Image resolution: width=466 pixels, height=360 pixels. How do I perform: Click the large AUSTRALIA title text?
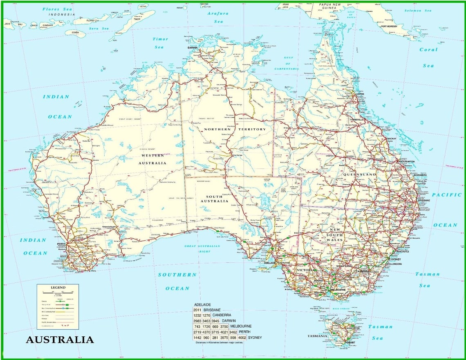pos(60,340)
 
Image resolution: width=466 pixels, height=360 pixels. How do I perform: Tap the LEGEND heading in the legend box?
pos(58,288)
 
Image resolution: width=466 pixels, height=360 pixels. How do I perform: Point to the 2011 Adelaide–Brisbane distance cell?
pos(197,310)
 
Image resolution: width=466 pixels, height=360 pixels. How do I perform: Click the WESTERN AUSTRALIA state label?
pos(153,159)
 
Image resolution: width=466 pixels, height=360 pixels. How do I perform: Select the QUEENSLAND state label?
pos(359,174)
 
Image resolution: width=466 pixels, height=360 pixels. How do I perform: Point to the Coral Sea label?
pos(428,57)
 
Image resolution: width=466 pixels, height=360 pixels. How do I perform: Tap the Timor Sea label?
pos(160,43)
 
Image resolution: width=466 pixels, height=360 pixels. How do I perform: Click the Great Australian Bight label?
pos(202,249)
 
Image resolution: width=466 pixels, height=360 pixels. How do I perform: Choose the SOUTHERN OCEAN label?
pos(177,281)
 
